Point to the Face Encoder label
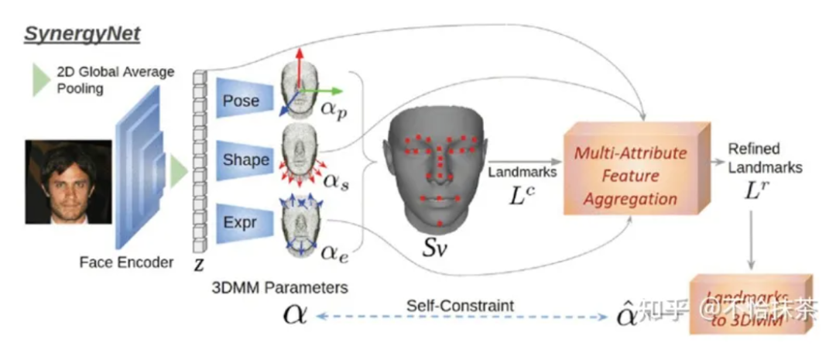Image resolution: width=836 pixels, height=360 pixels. [x=126, y=262]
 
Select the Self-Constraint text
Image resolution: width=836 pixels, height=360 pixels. [x=460, y=305]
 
